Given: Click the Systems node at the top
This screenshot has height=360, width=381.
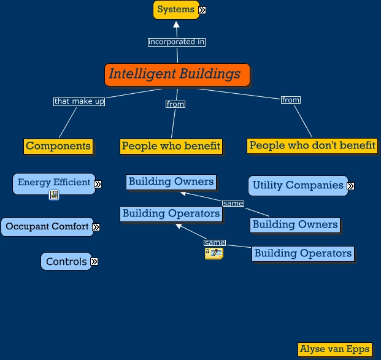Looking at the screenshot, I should pyautogui.click(x=176, y=10).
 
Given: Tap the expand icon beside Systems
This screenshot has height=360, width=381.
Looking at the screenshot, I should pyautogui.click(x=202, y=10).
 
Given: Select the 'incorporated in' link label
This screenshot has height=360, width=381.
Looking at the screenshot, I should pyautogui.click(x=177, y=42).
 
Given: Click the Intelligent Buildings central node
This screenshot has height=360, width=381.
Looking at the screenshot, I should pyautogui.click(x=177, y=75).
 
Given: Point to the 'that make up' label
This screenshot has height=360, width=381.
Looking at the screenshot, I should pyautogui.click(x=79, y=101).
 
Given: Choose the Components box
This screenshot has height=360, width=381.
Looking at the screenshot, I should pyautogui.click(x=58, y=146).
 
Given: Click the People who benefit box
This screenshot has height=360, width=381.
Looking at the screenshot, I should pyautogui.click(x=171, y=146).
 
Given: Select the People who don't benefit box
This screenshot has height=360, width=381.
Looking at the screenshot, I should pyautogui.click(x=312, y=145).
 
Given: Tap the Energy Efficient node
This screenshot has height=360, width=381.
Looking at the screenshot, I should pyautogui.click(x=54, y=183).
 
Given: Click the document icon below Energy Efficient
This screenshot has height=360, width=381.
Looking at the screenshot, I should pyautogui.click(x=54, y=195).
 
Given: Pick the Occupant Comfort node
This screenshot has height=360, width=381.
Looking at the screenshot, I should pyautogui.click(x=48, y=226).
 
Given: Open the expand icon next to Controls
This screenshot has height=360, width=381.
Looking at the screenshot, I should pyautogui.click(x=94, y=262).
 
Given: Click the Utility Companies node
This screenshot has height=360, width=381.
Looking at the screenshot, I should pyautogui.click(x=298, y=185).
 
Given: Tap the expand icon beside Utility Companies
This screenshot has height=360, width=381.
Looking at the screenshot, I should pyautogui.click(x=350, y=186).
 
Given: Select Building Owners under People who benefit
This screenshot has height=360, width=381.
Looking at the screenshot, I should pyautogui.click(x=171, y=182).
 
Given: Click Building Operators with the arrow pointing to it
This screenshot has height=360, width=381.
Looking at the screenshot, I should pyautogui.click(x=171, y=213).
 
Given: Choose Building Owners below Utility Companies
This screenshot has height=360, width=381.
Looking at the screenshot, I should pyautogui.click(x=295, y=224).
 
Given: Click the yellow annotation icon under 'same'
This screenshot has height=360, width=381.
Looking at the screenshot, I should pyautogui.click(x=214, y=253).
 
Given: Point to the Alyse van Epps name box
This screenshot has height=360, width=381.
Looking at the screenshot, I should pyautogui.click(x=334, y=350).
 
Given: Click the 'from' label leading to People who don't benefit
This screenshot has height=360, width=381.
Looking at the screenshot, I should pyautogui.click(x=290, y=100).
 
